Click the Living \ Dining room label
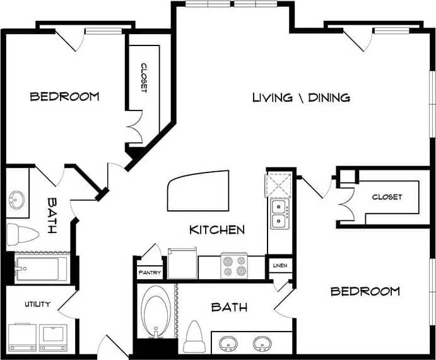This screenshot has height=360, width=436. click(301, 97)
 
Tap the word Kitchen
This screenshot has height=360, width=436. click(217, 229)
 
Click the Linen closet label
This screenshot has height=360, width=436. click(280, 266)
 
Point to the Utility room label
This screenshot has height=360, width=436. click(37, 304)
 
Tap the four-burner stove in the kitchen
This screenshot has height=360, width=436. click(233, 265)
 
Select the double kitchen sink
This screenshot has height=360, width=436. click(278, 213)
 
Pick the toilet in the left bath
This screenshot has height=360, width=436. click(21, 234)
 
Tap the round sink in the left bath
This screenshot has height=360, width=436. click(17, 200)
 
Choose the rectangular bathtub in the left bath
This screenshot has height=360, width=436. click(40, 270)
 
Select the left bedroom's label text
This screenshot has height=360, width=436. click(64, 97)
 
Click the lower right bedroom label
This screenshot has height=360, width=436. click(365, 291)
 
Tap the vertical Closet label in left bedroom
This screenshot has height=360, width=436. click(143, 78)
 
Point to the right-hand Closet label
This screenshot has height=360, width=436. click(386, 197)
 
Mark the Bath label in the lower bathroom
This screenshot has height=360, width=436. click(228, 307)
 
